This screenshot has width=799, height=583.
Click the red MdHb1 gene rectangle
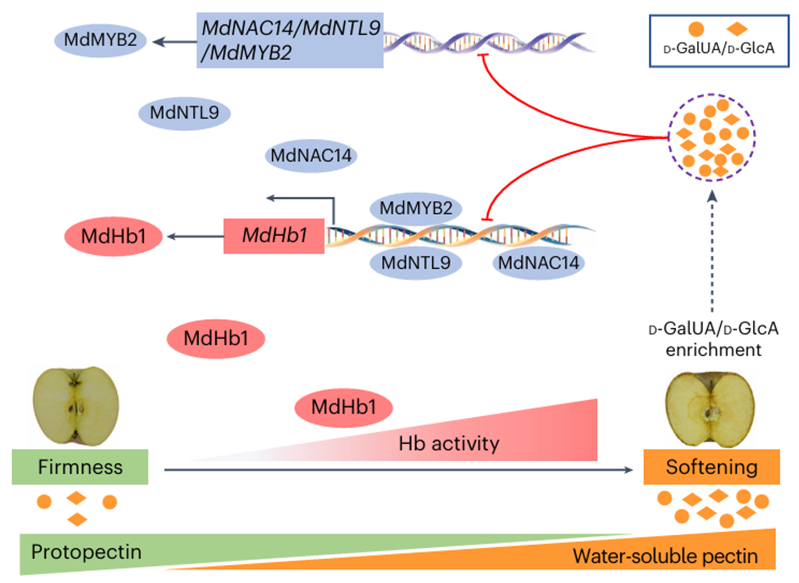coord(274,236)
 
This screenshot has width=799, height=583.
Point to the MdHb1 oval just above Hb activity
coord(344,408)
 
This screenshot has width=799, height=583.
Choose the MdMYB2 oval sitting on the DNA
coord(416,207)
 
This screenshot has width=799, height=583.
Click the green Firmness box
coord(80,467)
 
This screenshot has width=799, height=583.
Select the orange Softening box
coord(712,467)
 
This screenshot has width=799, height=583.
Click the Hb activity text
coord(449,443)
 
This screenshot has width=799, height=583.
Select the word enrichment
coord(714,350)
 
